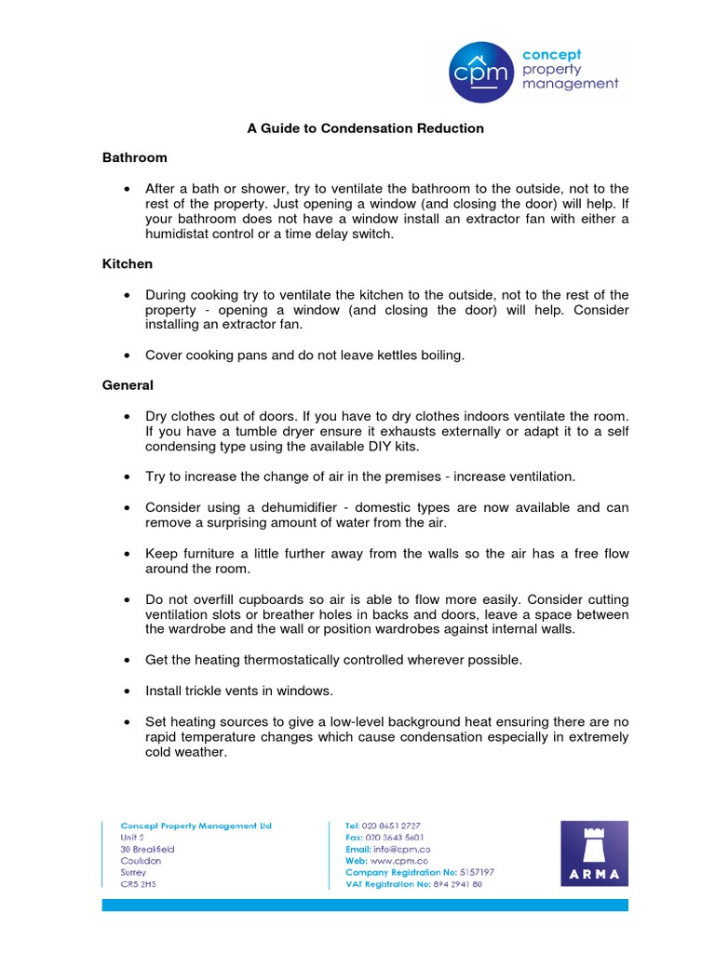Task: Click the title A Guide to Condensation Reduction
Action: coord(365,128)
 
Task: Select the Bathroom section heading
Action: coord(134,158)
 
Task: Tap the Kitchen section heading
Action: coord(127,264)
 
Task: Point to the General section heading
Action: coord(128,384)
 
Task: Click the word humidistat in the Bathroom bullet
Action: coord(180,234)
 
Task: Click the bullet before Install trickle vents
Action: coord(126,691)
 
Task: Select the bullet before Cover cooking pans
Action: coord(126,355)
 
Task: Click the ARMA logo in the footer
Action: coord(594,853)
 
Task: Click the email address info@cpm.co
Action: coord(403,849)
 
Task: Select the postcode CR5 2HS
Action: coord(138,885)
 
